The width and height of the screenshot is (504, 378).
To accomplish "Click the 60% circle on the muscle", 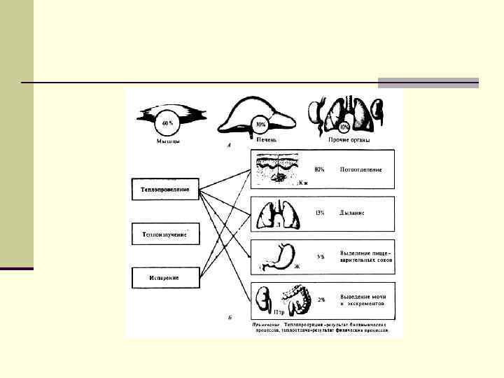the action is point(167,123).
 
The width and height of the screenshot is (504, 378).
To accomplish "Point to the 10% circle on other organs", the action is point(344,128).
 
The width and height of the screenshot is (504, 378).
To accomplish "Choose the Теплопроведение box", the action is point(164,190).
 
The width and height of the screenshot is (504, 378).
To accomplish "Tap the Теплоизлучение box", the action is point(164,234).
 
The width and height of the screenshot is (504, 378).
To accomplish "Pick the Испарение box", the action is point(164,277).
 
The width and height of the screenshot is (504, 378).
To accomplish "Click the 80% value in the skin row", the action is point(319,170).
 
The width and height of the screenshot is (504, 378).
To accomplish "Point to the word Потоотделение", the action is point(361,170).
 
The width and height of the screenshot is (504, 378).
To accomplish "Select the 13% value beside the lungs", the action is point(319,212).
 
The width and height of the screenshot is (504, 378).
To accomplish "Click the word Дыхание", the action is point(353,212).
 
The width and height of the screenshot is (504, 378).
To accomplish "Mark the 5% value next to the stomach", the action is point(321,256).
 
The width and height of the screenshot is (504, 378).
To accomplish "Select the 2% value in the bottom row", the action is point(321,300).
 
